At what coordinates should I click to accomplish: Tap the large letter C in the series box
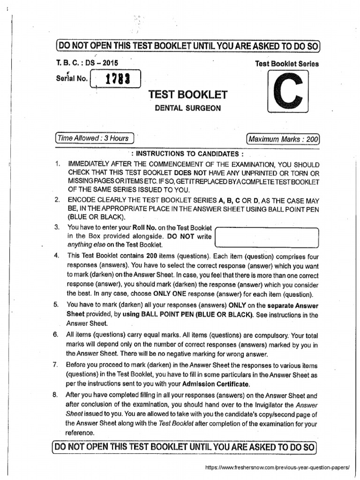tap(287, 92)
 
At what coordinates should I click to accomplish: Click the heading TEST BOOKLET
tap(188, 95)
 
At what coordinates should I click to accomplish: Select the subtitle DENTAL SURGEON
tap(188, 108)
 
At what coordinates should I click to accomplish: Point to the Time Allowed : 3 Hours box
tap(94, 138)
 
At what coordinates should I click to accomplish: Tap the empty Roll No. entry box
tap(267, 237)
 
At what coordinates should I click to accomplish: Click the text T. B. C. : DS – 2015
tap(87, 63)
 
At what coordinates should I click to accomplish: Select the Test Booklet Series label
tap(286, 64)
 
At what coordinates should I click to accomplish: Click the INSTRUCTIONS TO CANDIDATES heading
tap(187, 154)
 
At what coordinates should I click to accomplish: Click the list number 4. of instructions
tap(57, 256)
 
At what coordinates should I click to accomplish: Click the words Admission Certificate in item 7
tap(209, 384)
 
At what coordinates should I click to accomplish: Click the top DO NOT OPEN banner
tap(187, 46)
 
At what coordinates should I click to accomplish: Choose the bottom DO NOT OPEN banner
tap(186, 447)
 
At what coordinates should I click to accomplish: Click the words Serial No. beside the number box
tap(71, 78)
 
